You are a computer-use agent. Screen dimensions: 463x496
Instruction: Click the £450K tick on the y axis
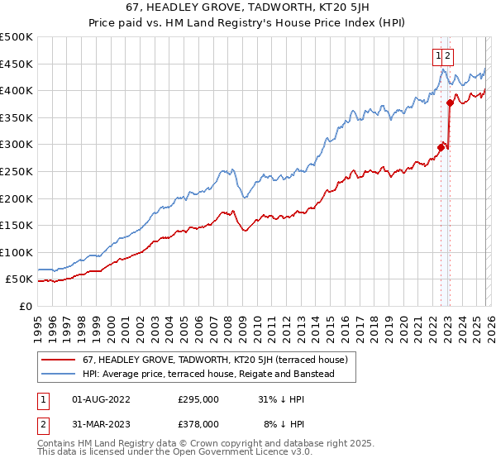(17, 64)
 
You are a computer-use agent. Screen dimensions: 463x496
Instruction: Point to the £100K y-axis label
(17, 252)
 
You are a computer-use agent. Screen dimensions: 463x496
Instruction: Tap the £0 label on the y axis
(25, 306)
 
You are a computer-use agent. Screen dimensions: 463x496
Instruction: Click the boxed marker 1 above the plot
(438, 56)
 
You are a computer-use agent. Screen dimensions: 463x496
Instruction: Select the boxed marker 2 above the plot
(448, 56)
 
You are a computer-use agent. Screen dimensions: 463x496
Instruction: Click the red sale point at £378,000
(450, 103)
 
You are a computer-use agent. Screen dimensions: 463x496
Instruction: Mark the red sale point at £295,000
(441, 147)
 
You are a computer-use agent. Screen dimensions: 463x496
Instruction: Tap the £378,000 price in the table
(198, 424)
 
